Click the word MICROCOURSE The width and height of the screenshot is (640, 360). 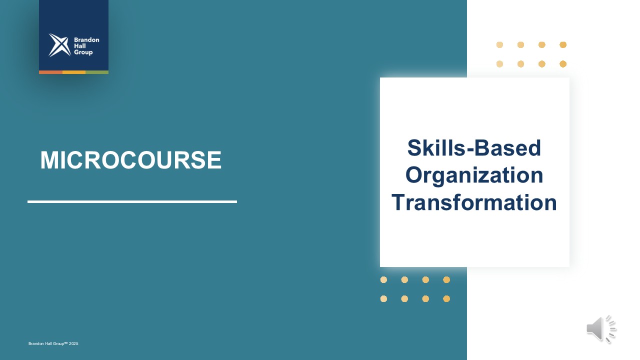[x=131, y=160]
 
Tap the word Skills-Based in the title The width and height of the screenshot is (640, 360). [x=474, y=148]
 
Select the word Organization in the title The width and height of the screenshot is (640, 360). [x=474, y=175]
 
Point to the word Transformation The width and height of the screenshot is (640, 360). [x=474, y=202]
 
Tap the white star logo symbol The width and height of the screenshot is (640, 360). [x=59, y=45]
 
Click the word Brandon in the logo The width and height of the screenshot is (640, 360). [x=86, y=40]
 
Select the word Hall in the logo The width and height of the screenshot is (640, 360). [x=79, y=46]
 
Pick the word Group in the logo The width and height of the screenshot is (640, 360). [x=83, y=52]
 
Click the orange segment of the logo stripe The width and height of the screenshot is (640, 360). [x=50, y=72]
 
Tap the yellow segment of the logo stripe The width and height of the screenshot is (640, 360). [x=74, y=72]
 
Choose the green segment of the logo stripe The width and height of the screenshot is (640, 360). [x=97, y=72]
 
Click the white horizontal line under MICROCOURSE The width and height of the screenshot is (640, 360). [x=132, y=201]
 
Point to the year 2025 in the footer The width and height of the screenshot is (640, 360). [x=73, y=343]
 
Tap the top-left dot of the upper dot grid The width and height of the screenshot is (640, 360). [x=499, y=45]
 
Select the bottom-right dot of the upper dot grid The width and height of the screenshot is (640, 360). [x=563, y=64]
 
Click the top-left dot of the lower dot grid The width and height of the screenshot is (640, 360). [x=383, y=279]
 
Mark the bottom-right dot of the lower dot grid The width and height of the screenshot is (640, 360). [x=446, y=299]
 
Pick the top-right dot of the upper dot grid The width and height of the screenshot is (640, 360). [x=563, y=45]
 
